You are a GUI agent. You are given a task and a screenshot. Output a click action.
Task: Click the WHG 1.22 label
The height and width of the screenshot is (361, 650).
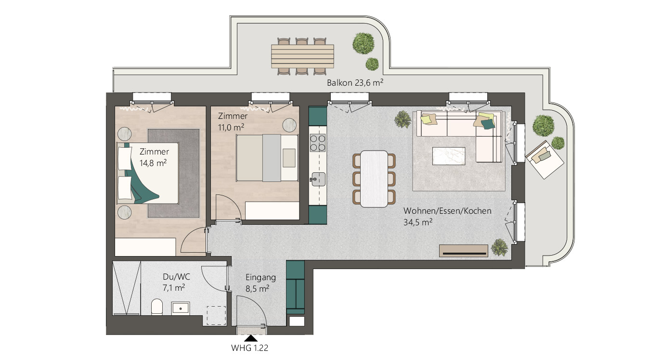[x=249, y=348]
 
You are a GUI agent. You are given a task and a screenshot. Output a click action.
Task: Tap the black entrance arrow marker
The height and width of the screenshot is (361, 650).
[x=251, y=338]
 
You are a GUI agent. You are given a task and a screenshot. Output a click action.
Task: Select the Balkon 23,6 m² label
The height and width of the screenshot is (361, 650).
[x=355, y=83]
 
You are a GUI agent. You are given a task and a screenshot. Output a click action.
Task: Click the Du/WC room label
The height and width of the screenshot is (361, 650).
[x=176, y=277]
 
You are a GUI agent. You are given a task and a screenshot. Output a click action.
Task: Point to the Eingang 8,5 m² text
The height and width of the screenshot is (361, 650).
[x=260, y=283]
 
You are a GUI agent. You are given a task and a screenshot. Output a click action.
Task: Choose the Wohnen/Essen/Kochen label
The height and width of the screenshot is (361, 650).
[x=447, y=211]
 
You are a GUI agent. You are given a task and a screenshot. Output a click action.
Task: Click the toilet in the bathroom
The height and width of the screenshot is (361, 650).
[x=157, y=307]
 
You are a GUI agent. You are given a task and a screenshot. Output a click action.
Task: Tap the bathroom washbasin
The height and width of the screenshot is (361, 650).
[x=181, y=309]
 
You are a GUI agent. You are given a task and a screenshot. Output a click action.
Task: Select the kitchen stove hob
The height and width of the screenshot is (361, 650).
[x=317, y=143]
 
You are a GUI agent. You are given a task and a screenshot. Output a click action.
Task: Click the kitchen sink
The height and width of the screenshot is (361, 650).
[x=318, y=179]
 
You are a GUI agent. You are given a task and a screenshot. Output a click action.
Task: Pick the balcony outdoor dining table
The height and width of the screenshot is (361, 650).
[x=302, y=56]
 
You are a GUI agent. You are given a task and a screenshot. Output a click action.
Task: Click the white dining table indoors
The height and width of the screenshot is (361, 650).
[x=374, y=179]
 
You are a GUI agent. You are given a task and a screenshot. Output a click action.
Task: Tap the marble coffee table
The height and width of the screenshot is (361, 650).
[x=449, y=156]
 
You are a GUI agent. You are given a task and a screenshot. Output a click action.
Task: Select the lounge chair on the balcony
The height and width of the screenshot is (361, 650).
[x=545, y=159]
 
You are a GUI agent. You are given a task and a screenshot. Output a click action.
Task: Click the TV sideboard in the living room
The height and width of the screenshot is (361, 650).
[x=463, y=251]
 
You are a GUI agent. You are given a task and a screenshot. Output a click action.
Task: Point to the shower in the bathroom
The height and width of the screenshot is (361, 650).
[x=127, y=287]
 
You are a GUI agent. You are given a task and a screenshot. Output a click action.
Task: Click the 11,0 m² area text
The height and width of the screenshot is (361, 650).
[x=231, y=128]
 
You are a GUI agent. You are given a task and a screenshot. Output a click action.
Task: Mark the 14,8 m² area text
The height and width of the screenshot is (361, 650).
[x=153, y=163]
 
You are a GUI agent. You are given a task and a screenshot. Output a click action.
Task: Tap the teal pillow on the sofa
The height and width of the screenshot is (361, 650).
[x=488, y=124]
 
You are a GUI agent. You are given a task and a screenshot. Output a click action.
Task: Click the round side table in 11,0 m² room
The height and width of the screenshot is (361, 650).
[x=289, y=125]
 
